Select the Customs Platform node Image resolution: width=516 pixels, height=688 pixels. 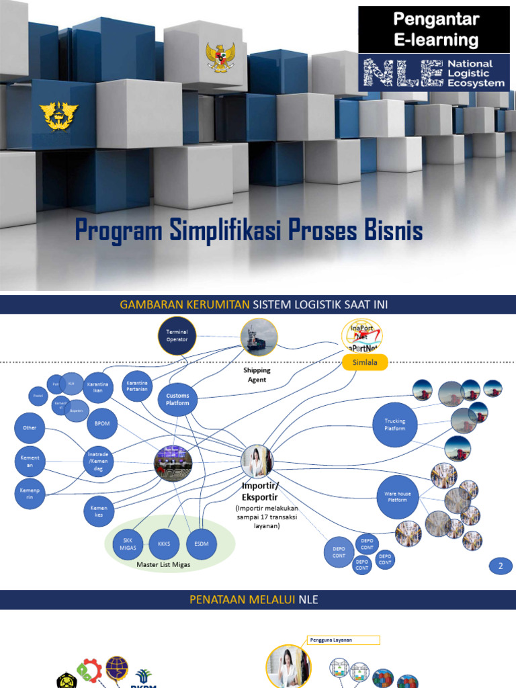tap(178, 399)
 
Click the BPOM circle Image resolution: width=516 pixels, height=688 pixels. tap(102, 424)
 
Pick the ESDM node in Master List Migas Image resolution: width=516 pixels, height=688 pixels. tap(200, 542)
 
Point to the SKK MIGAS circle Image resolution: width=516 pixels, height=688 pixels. tap(128, 542)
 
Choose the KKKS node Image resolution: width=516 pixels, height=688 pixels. tap(163, 542)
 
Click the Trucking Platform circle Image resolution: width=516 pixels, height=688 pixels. tap(394, 425)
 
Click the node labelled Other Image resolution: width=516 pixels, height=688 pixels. tap(30, 427)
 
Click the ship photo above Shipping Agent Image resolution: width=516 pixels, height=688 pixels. tap(259, 337)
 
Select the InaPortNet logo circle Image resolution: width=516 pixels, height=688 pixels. tap(362, 335)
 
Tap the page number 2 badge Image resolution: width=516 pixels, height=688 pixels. tap(500, 566)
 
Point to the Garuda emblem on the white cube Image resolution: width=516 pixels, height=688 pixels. tap(220, 57)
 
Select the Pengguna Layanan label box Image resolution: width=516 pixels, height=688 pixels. tap(343, 640)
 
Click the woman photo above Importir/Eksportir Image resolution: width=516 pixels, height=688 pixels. tap(257, 462)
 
